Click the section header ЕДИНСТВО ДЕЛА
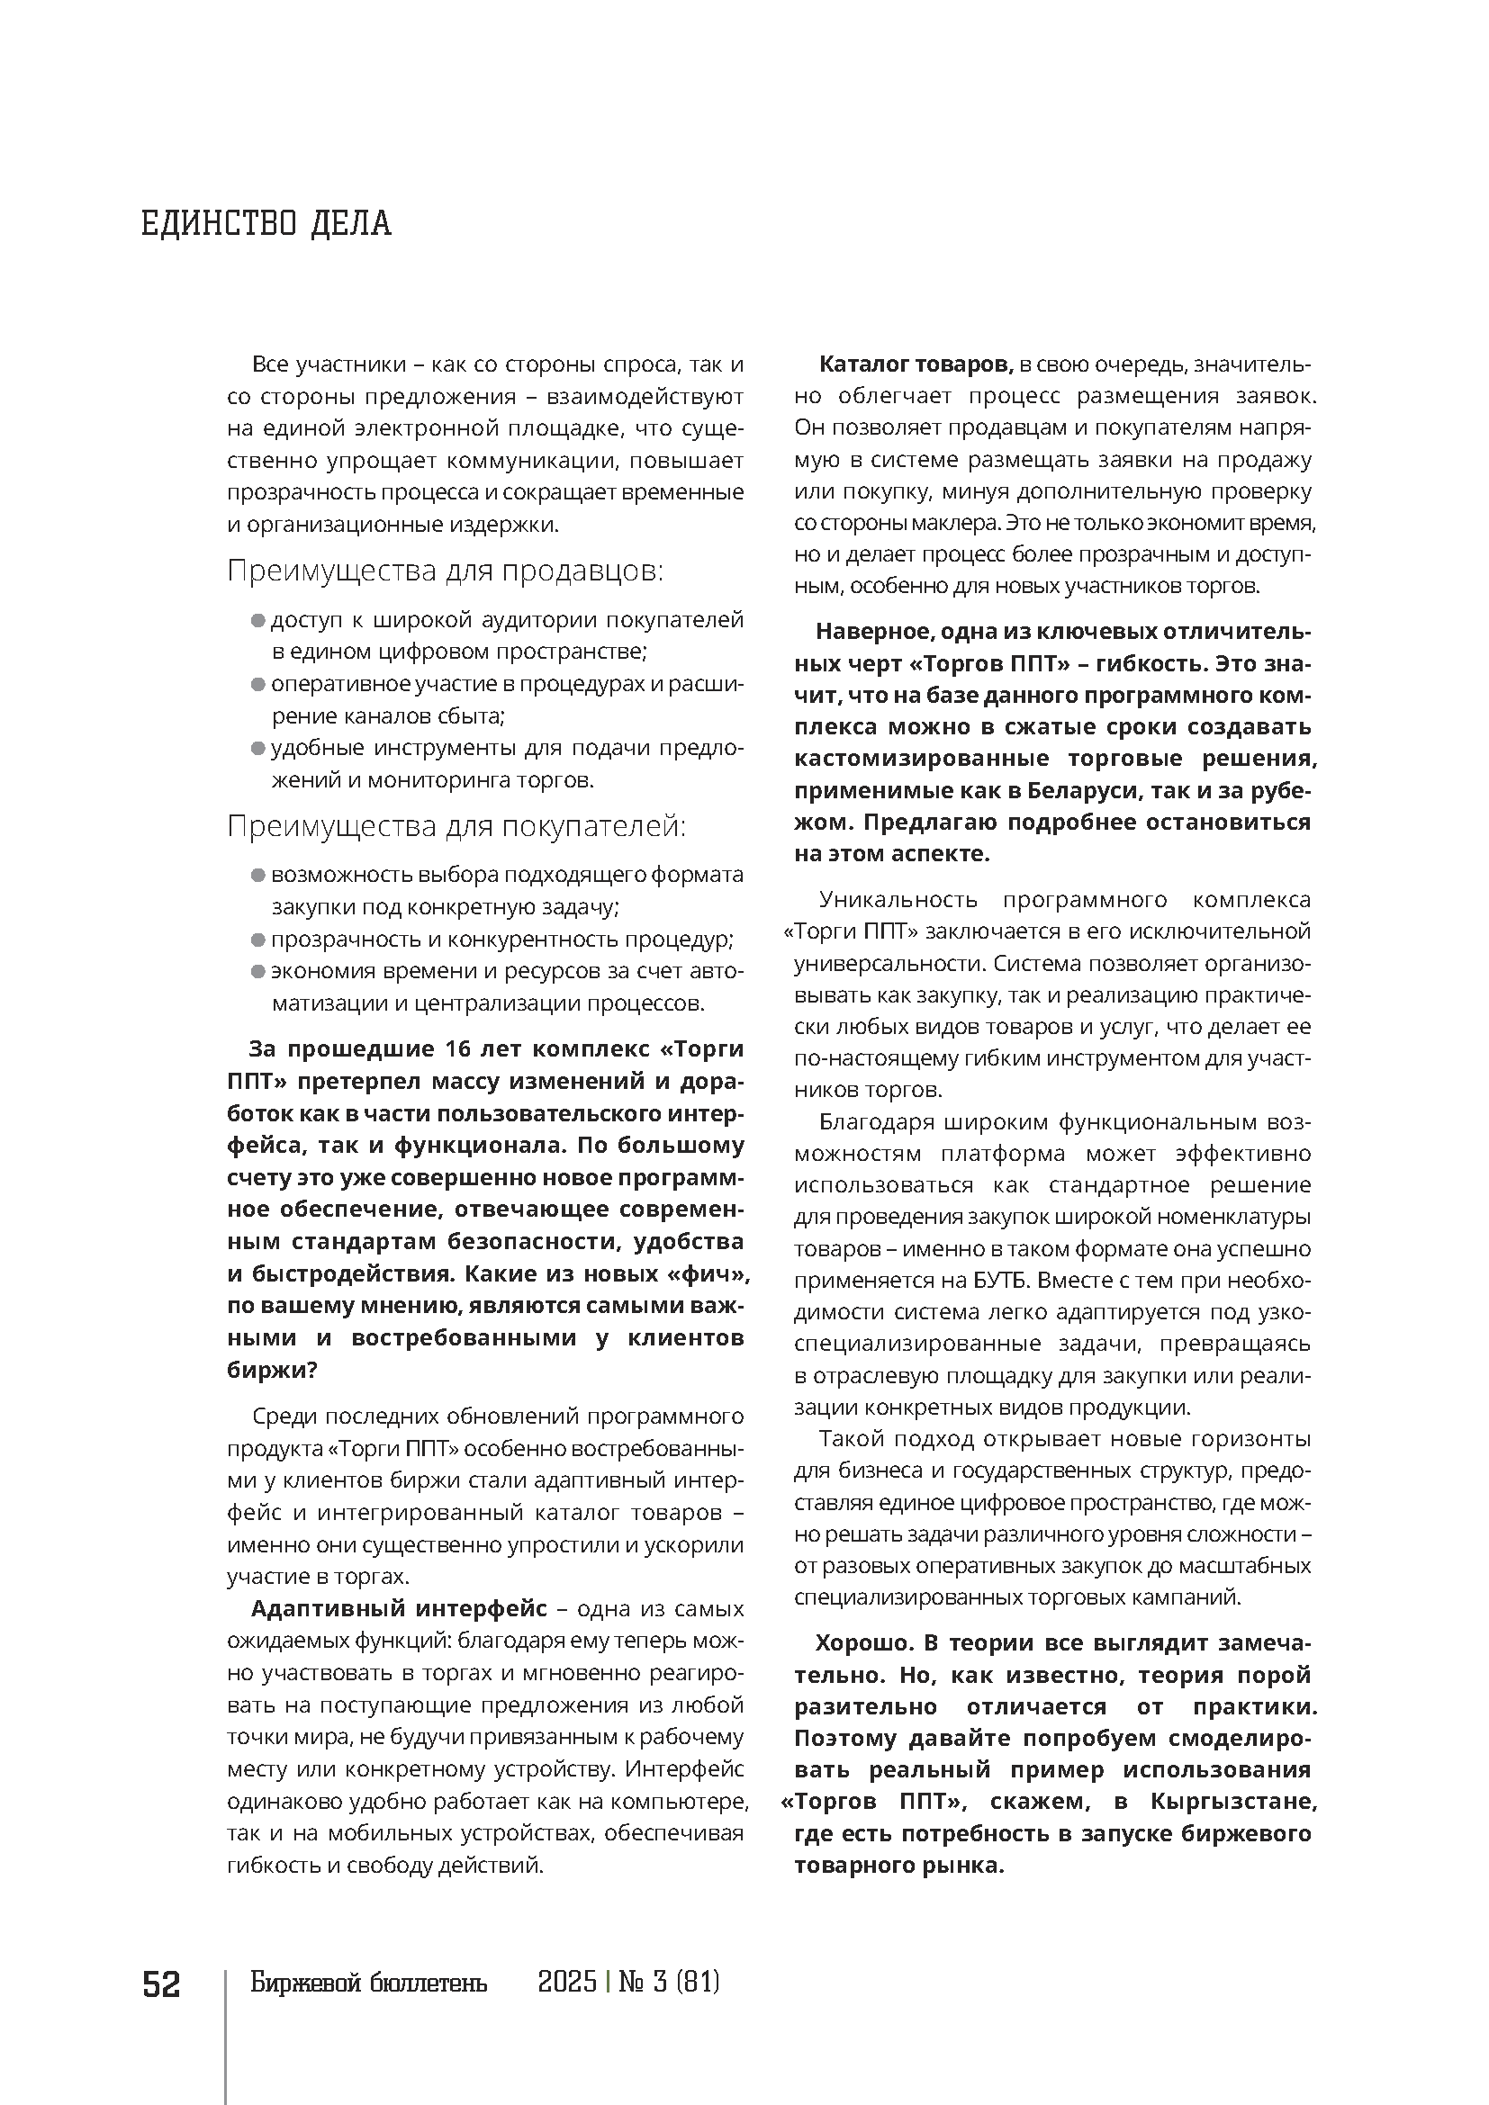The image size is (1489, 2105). coord(266,223)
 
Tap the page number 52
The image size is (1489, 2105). coord(161,1984)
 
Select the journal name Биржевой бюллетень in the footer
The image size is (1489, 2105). coord(368,1984)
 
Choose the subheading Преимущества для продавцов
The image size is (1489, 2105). coord(445,571)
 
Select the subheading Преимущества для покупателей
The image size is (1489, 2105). coord(456,826)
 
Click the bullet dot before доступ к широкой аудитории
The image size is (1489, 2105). coord(257,621)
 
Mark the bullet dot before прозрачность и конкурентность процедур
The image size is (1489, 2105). coord(257,940)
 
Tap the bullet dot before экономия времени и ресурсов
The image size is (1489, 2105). coord(257,972)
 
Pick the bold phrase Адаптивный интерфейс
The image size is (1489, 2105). coord(399,1609)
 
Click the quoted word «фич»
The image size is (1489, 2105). coord(710,1273)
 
